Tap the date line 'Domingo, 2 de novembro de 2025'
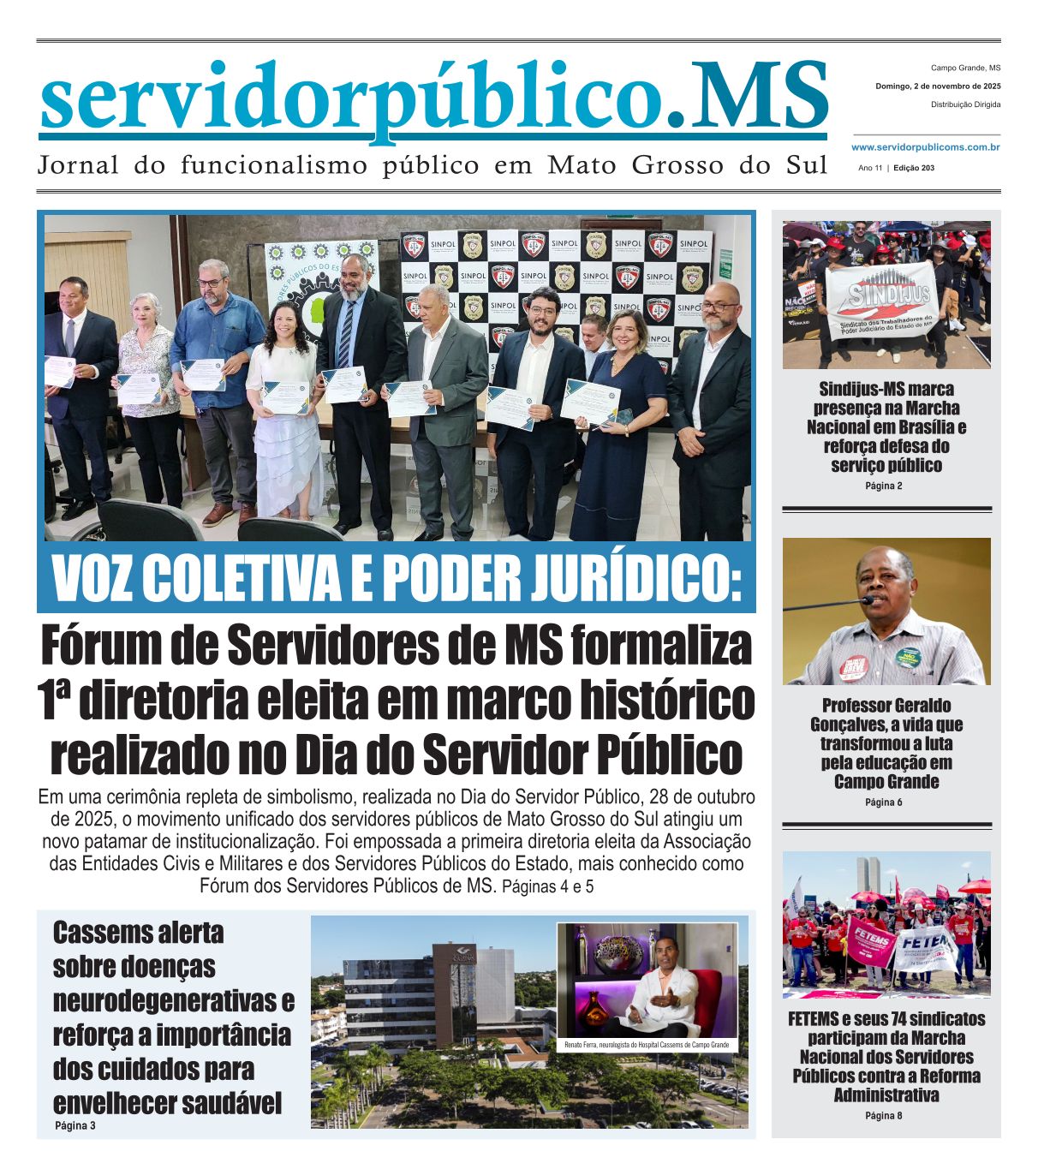[938, 86]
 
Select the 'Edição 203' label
[913, 168]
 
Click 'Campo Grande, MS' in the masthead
[965, 68]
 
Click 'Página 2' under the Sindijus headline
[884, 486]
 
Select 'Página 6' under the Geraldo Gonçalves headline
[884, 802]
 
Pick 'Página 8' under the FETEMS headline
[884, 1116]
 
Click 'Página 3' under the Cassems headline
[75, 1125]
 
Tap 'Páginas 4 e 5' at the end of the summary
[547, 887]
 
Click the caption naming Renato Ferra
[647, 1045]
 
